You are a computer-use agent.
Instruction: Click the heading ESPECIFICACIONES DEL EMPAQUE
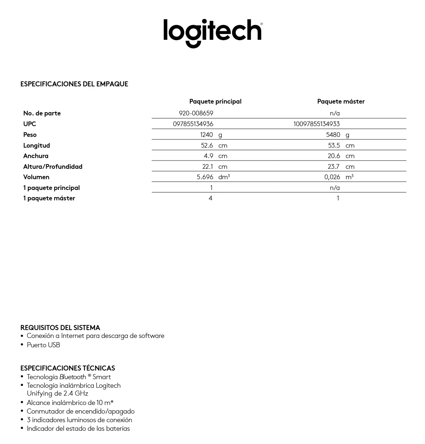[74, 84]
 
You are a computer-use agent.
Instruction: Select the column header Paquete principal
[215, 101]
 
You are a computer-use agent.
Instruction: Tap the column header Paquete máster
[341, 101]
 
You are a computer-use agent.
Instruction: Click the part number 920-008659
[196, 113]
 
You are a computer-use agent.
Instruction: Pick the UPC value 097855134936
[193, 124]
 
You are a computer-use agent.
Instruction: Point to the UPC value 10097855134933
[316, 124]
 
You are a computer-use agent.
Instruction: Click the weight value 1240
[206, 135]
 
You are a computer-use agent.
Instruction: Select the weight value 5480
[333, 135]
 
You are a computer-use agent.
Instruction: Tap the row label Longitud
[37, 145]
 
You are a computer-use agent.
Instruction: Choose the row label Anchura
[36, 156]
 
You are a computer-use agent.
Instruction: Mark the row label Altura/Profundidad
[53, 167]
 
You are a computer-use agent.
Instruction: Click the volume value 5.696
[205, 177]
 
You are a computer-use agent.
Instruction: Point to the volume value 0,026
[332, 177]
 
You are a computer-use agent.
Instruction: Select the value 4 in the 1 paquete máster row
[211, 198]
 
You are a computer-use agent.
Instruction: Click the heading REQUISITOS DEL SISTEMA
[60, 328]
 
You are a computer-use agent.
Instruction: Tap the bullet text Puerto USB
[43, 345]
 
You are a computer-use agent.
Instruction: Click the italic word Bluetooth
[73, 377]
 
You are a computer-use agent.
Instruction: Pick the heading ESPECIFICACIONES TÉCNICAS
[68, 368]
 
